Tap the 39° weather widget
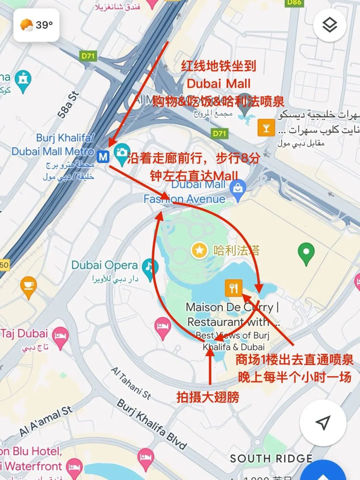pos(36,25)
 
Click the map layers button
pos(329,25)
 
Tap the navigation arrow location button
pos(323,423)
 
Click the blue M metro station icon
pos(103,156)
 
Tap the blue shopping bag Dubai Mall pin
pos(238,189)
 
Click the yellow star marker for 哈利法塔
pos(199,250)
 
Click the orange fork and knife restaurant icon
pos(234,288)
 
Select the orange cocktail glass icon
pos(266,128)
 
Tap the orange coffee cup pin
pos(29,286)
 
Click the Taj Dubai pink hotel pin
pos(60,337)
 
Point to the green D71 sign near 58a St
pos(88,56)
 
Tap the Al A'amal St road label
pos(46,421)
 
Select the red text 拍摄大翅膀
pos(208,397)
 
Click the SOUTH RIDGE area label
pos(271,459)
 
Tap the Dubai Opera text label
pos(104,265)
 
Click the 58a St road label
pos(68,105)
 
